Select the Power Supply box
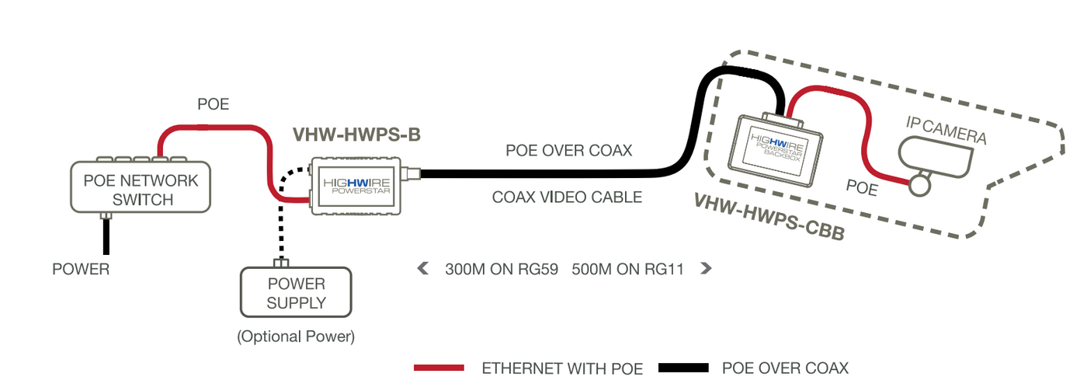pyautogui.click(x=295, y=292)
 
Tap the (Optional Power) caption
pyautogui.click(x=295, y=337)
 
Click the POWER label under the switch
pyautogui.click(x=81, y=270)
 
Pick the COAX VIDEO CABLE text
pyautogui.click(x=567, y=197)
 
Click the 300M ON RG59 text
pyautogui.click(x=502, y=270)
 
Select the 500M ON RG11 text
pyautogui.click(x=627, y=270)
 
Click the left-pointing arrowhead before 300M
pyautogui.click(x=423, y=269)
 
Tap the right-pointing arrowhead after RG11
pyautogui.click(x=705, y=269)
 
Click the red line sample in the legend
pyautogui.click(x=439, y=367)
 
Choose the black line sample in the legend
pyautogui.click(x=683, y=367)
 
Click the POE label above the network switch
pyautogui.click(x=213, y=104)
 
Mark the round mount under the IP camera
pyautogui.click(x=922, y=185)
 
